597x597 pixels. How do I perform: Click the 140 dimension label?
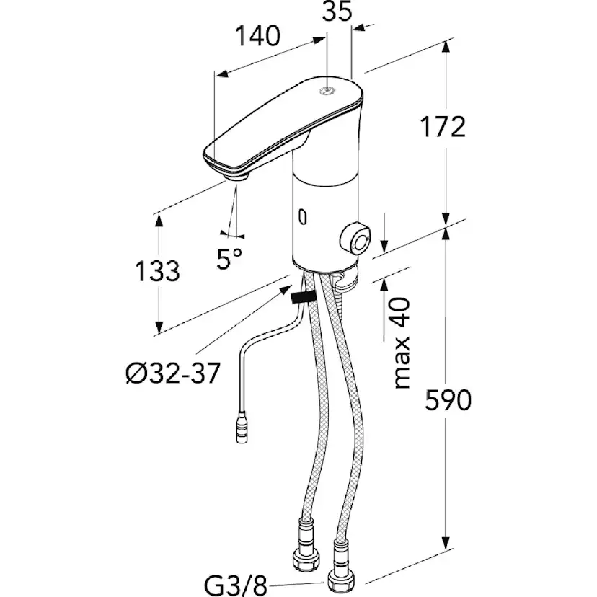[x=257, y=37]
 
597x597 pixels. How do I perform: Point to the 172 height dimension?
[x=442, y=127]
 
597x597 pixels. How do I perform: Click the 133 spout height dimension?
[x=158, y=271]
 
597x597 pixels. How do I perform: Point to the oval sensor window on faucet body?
[x=302, y=215]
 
